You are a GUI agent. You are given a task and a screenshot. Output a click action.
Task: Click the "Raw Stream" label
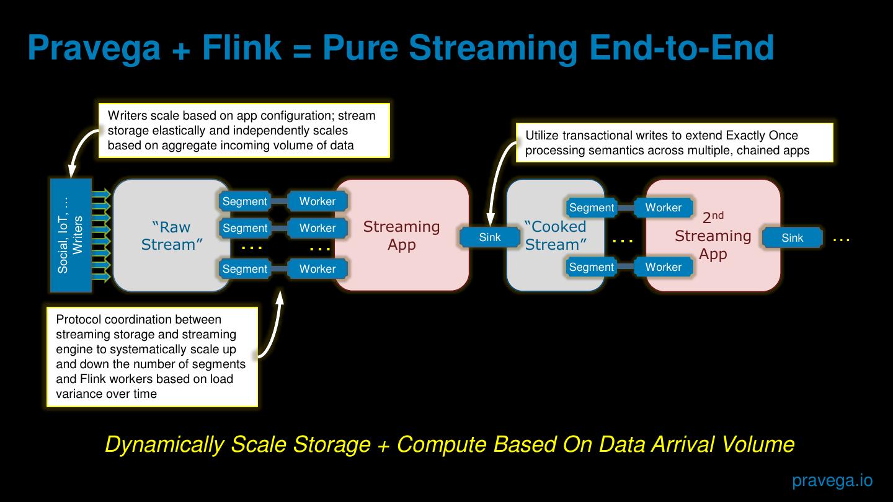tap(172, 236)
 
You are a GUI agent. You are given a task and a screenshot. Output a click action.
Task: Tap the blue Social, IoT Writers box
tap(71, 236)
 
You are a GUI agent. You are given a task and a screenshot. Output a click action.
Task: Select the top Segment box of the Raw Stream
tap(245, 201)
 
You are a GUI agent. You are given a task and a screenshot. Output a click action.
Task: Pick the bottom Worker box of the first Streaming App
tap(317, 269)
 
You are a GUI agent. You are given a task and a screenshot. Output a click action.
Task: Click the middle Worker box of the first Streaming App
tap(317, 228)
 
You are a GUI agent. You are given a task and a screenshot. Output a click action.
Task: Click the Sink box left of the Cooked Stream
tap(489, 237)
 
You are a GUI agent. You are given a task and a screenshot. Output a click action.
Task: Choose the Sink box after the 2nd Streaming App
tap(792, 238)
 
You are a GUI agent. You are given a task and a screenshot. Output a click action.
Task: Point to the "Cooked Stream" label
tap(555, 236)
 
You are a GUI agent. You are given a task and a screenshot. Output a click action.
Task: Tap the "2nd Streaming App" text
tap(713, 236)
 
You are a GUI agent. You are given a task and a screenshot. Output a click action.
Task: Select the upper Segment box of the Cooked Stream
tap(592, 208)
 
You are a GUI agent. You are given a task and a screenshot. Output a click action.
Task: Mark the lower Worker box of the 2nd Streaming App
tap(663, 267)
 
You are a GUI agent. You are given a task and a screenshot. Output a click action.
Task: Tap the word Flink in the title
tap(241, 48)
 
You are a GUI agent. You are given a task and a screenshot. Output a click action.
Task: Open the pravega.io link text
tap(832, 480)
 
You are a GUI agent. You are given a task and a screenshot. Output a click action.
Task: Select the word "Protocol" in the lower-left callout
tap(79, 320)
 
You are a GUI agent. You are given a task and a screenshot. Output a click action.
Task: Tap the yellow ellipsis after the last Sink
tap(841, 239)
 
